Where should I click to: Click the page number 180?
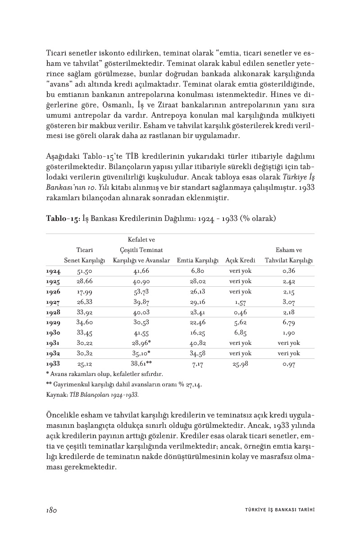tap(50, 510)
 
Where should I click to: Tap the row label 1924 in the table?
tap(53, 271)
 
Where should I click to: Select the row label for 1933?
tap(53, 363)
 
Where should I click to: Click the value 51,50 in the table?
tap(84, 271)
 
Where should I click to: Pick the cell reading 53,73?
tap(141, 292)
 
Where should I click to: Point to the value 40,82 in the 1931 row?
tap(198, 343)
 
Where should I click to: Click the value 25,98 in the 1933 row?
tap(240, 364)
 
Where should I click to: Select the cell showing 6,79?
tap(289, 322)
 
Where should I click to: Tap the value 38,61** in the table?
tap(141, 363)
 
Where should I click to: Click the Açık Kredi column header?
tap(240, 261)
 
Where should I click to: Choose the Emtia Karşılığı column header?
tap(198, 261)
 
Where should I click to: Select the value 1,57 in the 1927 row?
tap(240, 302)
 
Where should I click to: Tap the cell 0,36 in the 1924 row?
tap(289, 271)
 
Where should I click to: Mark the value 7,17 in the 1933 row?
tap(198, 364)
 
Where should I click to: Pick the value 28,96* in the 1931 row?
tap(141, 343)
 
